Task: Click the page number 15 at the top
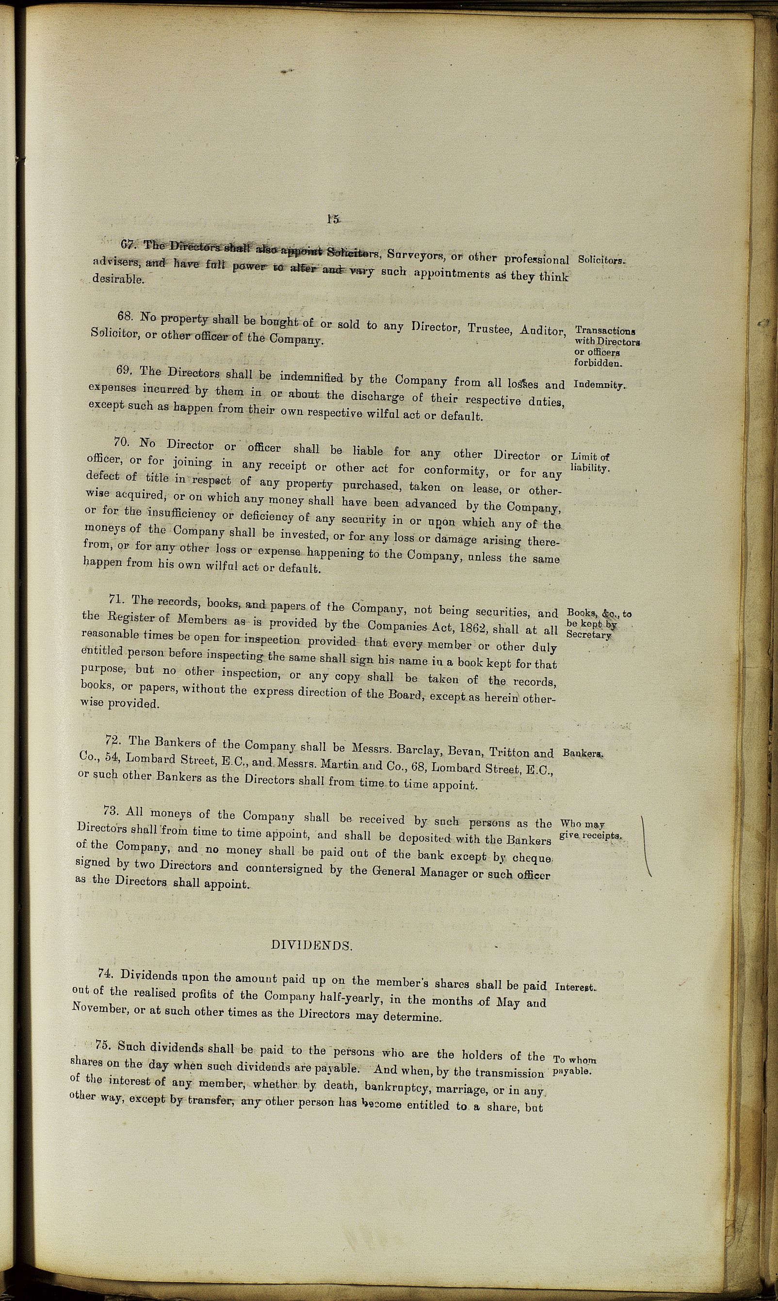(333, 220)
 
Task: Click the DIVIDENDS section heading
(311, 946)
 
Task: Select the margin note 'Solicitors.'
(601, 260)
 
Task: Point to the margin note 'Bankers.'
(583, 754)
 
